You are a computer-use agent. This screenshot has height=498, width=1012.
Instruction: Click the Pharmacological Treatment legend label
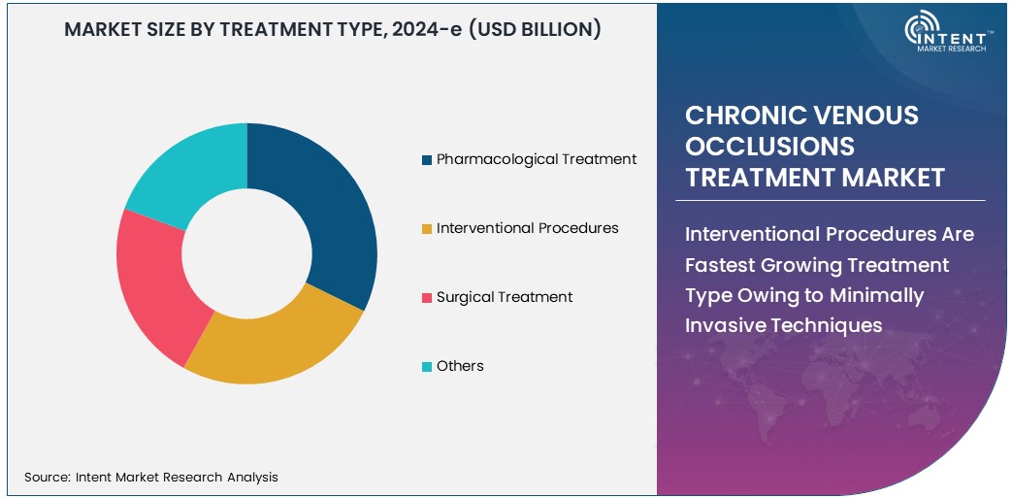tap(537, 159)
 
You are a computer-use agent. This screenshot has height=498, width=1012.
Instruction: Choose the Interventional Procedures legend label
tap(527, 228)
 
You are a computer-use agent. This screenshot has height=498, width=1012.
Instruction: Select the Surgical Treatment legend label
tap(505, 297)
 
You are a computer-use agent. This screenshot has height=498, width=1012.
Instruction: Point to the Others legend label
tap(460, 366)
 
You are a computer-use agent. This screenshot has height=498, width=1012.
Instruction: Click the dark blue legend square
tap(427, 160)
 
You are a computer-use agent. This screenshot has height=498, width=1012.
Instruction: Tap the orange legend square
tap(427, 229)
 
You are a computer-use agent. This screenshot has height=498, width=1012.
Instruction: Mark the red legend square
tap(427, 298)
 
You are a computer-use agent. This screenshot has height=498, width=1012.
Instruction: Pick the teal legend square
tap(427, 367)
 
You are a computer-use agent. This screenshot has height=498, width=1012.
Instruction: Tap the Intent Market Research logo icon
tap(922, 30)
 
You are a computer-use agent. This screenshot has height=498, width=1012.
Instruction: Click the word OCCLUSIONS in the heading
tap(770, 147)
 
